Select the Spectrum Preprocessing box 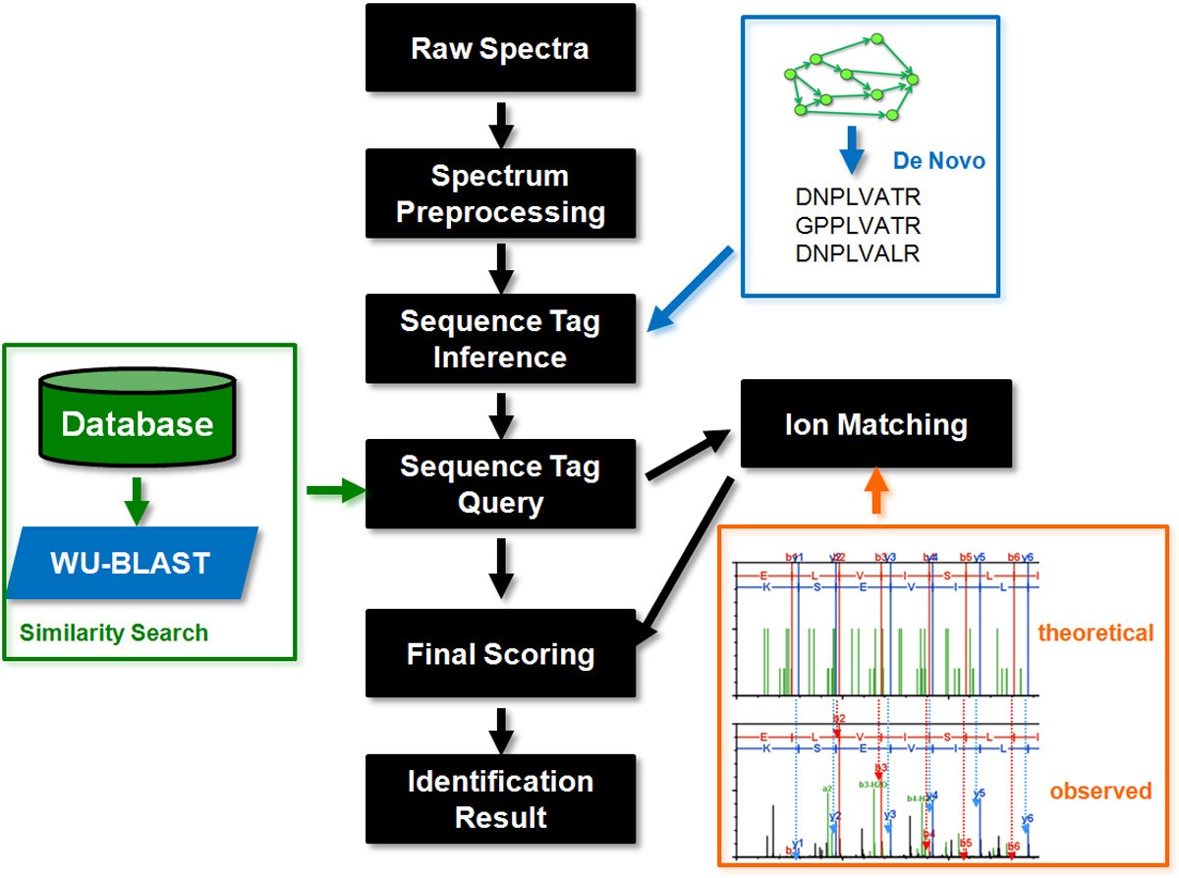pyautogui.click(x=500, y=194)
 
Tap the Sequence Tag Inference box pyautogui.click(x=500, y=339)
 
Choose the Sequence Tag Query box pyautogui.click(x=500, y=484)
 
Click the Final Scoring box pyautogui.click(x=500, y=654)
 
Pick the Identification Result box pyautogui.click(x=500, y=799)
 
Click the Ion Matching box pyautogui.click(x=875, y=424)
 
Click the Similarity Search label pyautogui.click(x=114, y=632)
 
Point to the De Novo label pyautogui.click(x=938, y=161)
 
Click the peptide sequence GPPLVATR pyautogui.click(x=858, y=226)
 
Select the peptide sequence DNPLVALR pyautogui.click(x=858, y=254)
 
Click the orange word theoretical pyautogui.click(x=1095, y=632)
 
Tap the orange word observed pyautogui.click(x=1100, y=790)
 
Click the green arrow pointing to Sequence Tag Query pyautogui.click(x=334, y=488)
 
